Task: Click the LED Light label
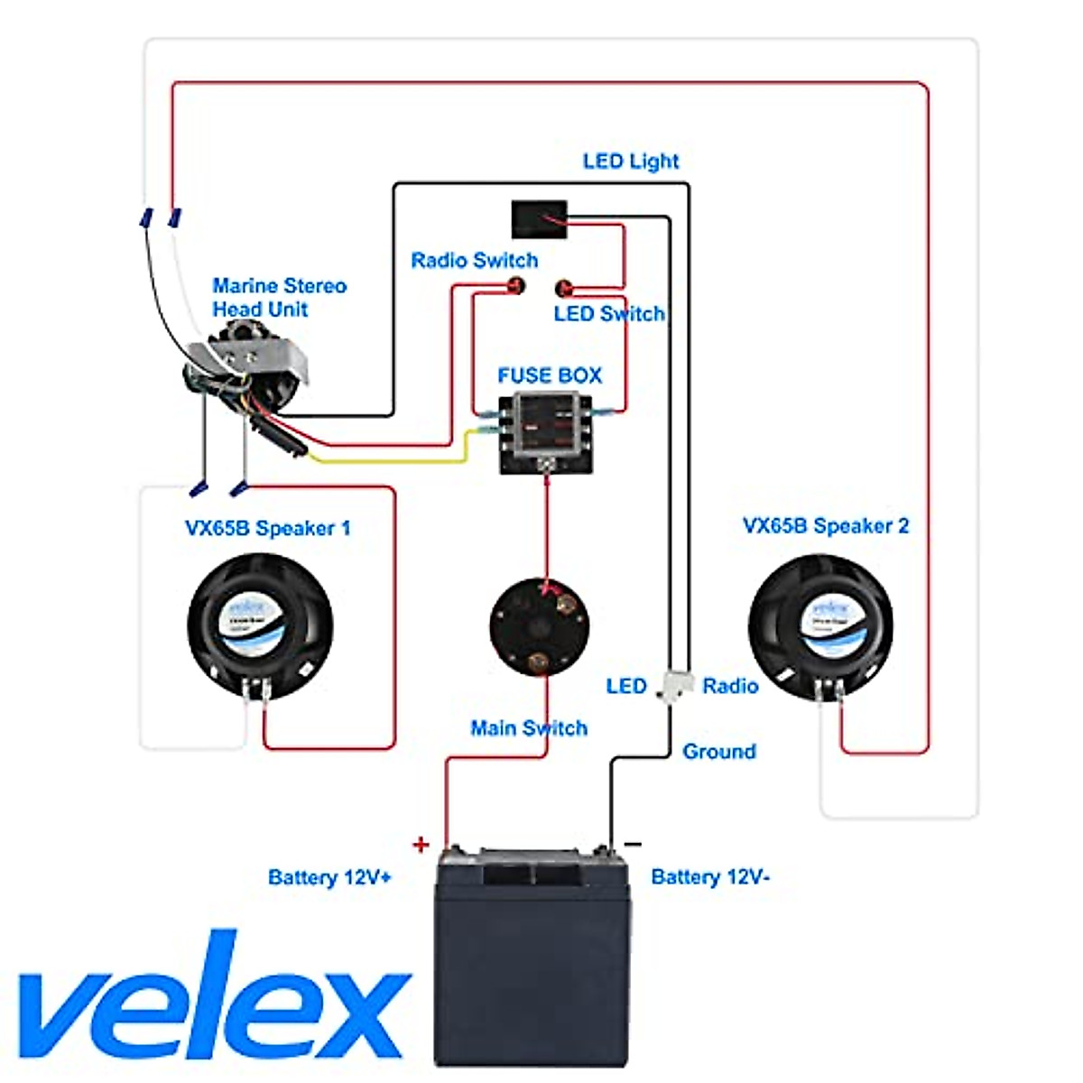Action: [x=630, y=162]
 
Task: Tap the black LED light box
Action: [x=539, y=218]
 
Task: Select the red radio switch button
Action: [x=516, y=287]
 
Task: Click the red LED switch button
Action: [x=564, y=289]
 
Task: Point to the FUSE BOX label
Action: [x=549, y=375]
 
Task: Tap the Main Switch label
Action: [x=529, y=728]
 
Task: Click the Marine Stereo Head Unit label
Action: [x=279, y=298]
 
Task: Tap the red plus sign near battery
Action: [x=421, y=845]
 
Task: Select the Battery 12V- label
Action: [x=710, y=877]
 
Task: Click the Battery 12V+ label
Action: [x=329, y=878]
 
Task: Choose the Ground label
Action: [x=718, y=752]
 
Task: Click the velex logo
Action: [x=212, y=1002]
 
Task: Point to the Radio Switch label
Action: [x=474, y=261]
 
